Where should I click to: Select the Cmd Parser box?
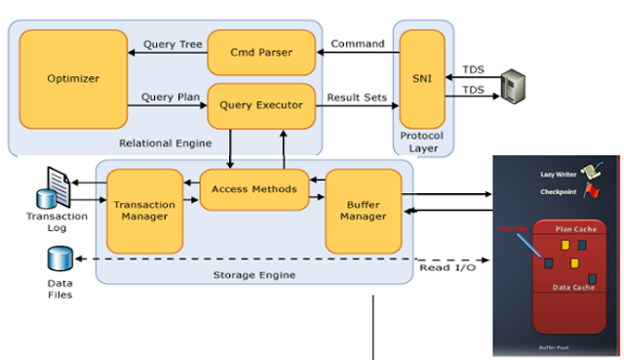click(261, 50)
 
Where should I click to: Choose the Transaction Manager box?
click(143, 209)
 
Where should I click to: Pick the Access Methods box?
click(254, 189)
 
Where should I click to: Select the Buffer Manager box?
click(364, 209)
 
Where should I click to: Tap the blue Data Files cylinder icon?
click(58, 260)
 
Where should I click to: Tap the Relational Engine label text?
click(163, 143)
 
